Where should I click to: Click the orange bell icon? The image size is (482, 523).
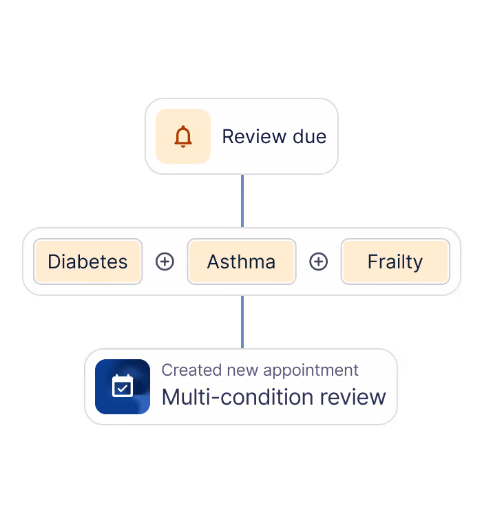coord(182,136)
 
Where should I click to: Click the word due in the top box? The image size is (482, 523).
coord(309,136)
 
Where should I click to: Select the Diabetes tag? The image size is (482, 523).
coord(87,261)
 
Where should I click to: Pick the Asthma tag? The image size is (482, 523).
coord(241,261)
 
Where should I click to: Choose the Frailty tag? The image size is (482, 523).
coord(395,261)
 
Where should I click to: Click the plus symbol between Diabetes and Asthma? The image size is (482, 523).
coord(165,261)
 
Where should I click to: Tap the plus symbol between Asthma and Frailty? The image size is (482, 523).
coord(318,261)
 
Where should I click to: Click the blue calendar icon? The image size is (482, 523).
coord(123,387)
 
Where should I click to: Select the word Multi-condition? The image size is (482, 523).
coord(227,397)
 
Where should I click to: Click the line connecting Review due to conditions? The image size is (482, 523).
coord(242,200)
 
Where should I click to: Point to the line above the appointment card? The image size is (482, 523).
coord(242,321)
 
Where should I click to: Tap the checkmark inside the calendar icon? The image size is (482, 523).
coord(123,389)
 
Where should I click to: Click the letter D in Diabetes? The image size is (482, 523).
coord(54,261)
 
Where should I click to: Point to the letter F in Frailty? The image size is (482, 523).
coord(373,261)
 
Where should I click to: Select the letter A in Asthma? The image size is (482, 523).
coord(213,261)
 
